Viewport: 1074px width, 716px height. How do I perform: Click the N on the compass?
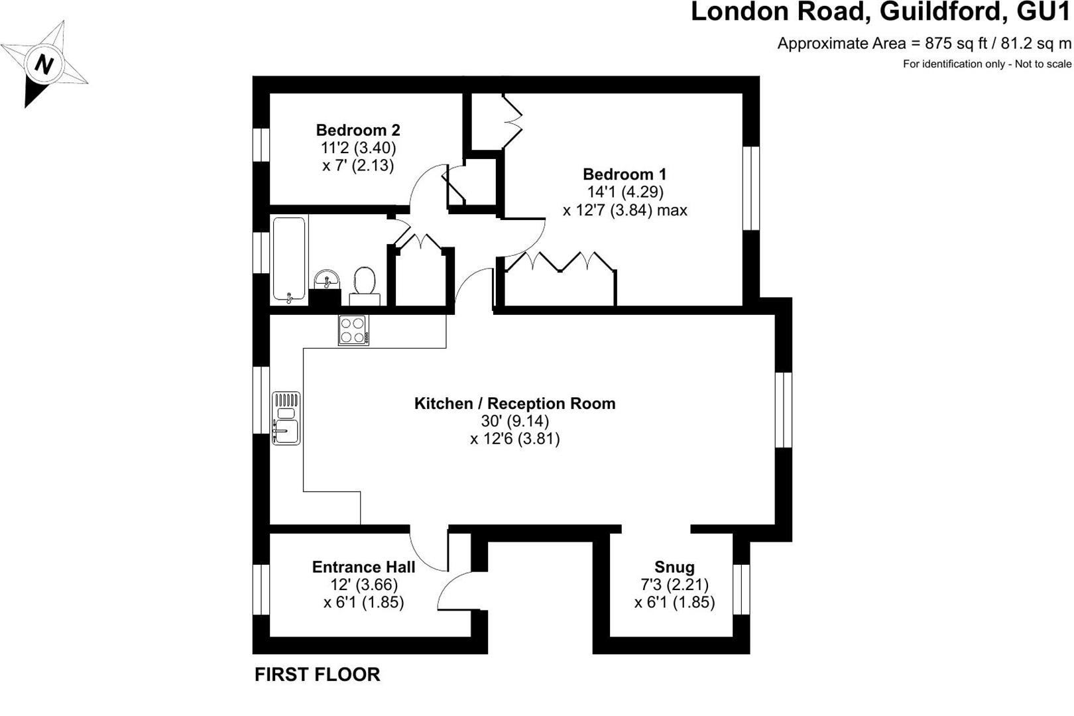(44, 64)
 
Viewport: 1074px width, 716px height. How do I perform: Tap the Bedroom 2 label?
(358, 130)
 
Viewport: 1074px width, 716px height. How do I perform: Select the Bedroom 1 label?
(625, 174)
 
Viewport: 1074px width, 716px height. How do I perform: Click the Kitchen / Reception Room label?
(515, 403)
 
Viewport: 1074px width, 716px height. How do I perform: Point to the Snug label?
(674, 567)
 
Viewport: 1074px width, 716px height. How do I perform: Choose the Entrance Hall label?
(363, 567)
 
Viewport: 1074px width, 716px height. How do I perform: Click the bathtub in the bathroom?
(288, 259)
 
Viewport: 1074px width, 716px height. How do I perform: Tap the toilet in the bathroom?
(365, 286)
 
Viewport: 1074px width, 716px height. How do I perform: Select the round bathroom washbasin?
(327, 278)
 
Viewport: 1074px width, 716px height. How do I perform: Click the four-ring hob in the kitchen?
(353, 330)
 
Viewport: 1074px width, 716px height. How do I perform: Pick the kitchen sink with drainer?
(286, 418)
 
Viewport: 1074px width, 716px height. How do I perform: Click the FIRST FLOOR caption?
(317, 674)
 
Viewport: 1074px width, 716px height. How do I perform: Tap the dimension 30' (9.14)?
(515, 421)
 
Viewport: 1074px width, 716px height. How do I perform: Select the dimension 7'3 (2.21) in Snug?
(674, 585)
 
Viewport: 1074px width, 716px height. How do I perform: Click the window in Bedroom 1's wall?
(751, 188)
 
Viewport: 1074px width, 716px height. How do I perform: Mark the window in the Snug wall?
(741, 589)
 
